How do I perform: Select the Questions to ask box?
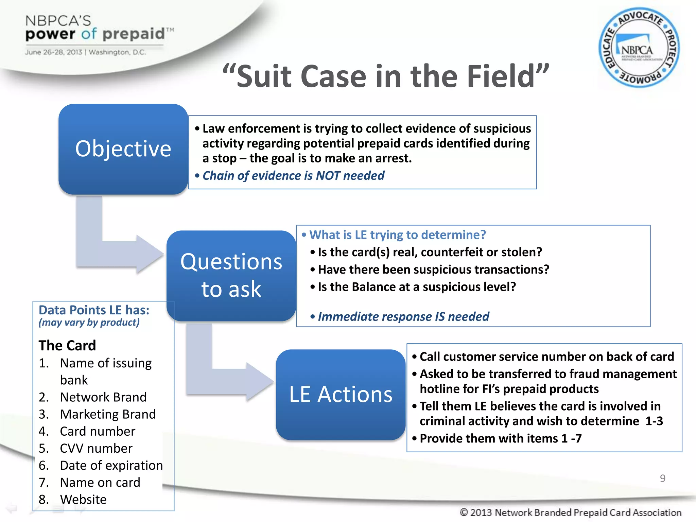pos(231,275)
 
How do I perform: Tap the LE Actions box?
pos(341,394)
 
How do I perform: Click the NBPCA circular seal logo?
pos(639,48)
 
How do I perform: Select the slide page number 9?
pos(662,478)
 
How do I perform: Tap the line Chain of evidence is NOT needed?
pos(293,176)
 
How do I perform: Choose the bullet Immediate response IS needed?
pos(403,317)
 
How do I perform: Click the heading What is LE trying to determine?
pos(397,235)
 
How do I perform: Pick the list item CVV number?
pos(96,448)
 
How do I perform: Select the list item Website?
pos(83,499)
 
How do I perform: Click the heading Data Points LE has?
pos(94,310)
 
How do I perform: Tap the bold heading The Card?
pos(67,345)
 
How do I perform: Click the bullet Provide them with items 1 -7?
pos(500,438)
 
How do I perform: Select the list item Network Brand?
pos(103,397)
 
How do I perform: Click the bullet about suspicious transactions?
pos(433,269)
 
